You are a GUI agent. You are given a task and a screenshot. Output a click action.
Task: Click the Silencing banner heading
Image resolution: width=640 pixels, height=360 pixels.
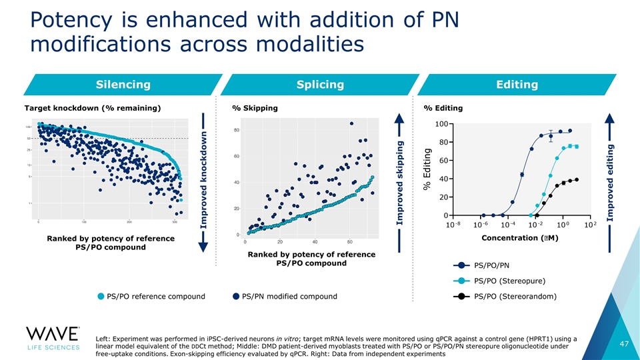[x=123, y=85]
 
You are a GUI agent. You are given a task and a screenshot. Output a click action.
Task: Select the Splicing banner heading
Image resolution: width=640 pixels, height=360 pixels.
[x=320, y=85]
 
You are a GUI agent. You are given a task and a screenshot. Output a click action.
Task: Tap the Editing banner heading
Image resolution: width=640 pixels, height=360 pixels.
[x=517, y=85]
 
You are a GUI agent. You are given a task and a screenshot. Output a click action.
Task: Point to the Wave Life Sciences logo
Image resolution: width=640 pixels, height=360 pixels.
[x=53, y=340]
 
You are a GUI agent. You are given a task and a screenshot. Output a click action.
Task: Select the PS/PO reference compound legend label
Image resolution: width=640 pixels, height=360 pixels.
[x=156, y=297]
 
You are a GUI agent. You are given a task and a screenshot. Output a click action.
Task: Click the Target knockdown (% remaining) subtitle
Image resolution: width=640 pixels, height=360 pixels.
[x=92, y=108]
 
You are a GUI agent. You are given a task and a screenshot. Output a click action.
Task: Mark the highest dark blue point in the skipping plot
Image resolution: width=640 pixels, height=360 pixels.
[x=351, y=123]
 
